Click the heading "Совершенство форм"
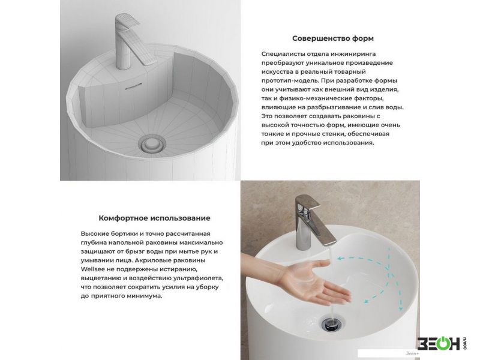(x=333, y=38)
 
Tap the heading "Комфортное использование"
(x=154, y=218)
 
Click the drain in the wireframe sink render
(x=152, y=143)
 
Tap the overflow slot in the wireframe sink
(x=133, y=86)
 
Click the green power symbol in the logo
(x=443, y=343)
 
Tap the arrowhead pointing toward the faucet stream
(x=340, y=258)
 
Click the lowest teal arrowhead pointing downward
(x=400, y=308)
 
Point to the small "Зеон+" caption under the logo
(x=412, y=353)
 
